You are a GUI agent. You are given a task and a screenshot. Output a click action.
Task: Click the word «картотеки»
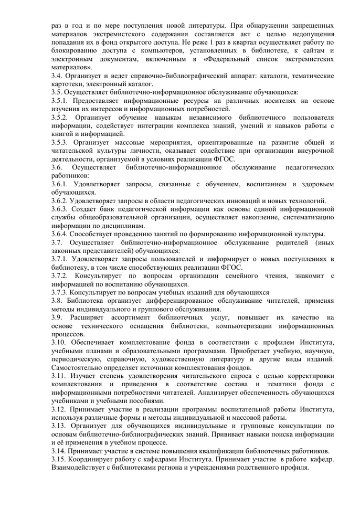pyautogui.click(x=67, y=84)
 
